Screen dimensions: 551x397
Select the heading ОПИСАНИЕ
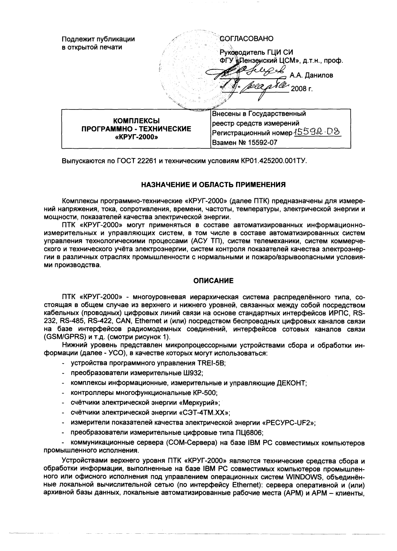point(214,281)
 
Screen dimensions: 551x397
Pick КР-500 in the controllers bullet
point(205,393)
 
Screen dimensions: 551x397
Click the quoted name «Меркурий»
point(204,403)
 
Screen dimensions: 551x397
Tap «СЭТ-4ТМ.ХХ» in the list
point(204,413)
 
